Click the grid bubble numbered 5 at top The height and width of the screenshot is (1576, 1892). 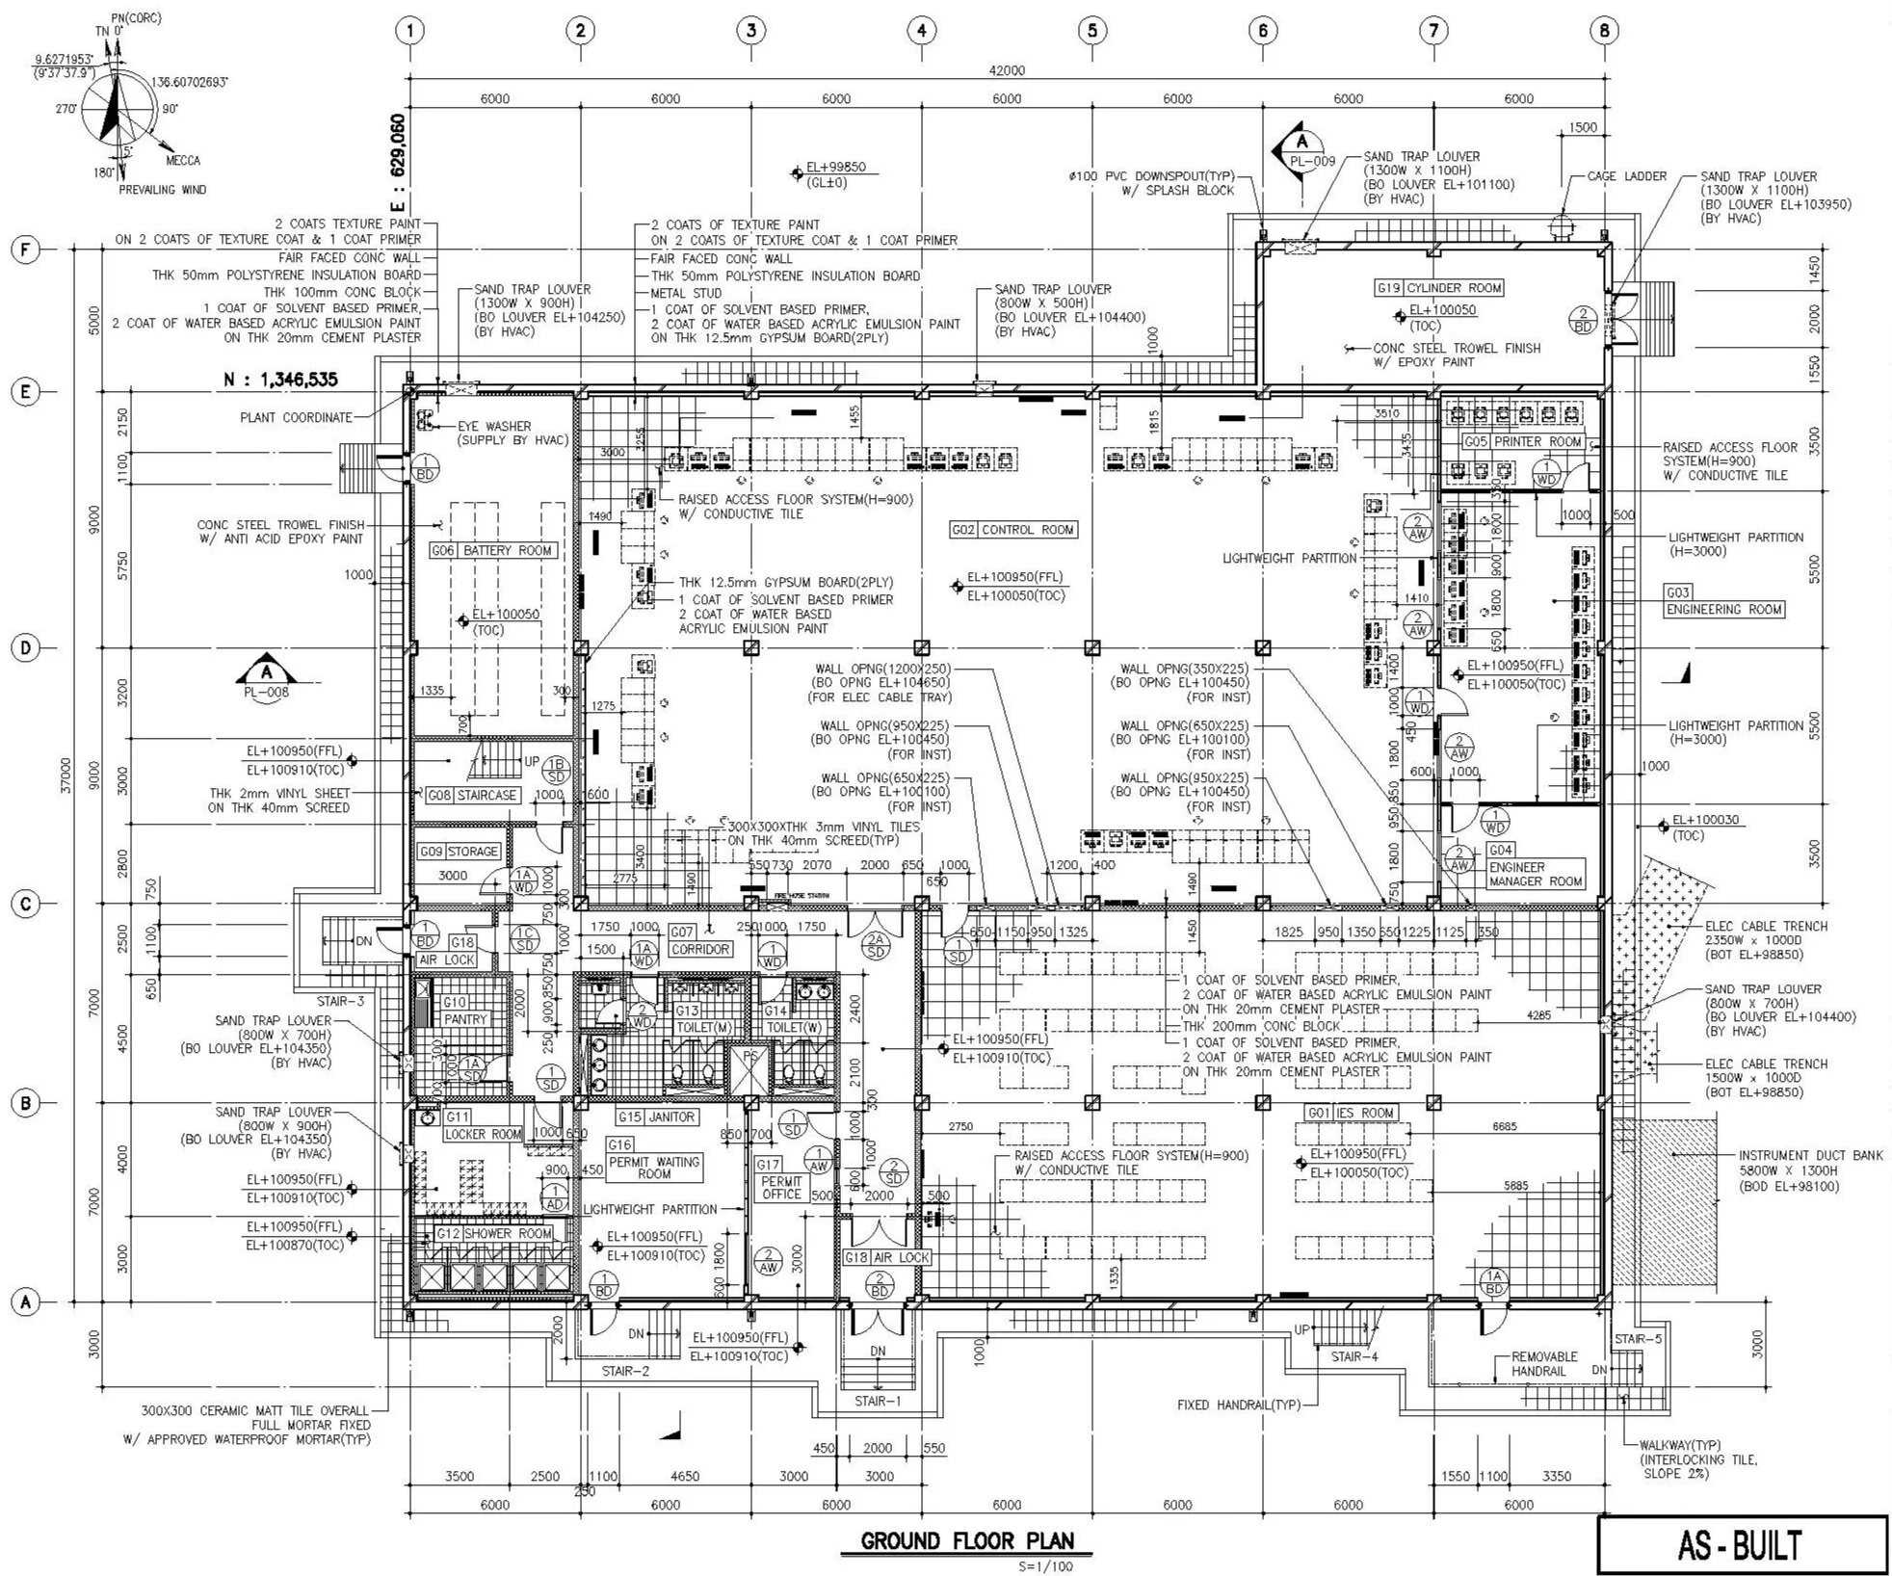point(1091,31)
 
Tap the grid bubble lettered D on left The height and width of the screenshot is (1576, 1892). point(24,647)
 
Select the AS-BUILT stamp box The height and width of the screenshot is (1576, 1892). point(1742,1544)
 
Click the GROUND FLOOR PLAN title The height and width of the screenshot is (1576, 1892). point(966,1540)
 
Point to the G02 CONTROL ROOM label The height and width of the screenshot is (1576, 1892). point(1012,530)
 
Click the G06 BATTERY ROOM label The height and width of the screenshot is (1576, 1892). point(492,551)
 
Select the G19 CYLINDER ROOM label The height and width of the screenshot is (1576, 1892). point(1439,288)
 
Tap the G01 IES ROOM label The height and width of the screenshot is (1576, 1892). point(1352,1113)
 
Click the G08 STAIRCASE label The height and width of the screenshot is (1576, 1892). point(472,796)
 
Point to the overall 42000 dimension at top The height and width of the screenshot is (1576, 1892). point(1007,70)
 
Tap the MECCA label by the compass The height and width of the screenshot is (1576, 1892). point(182,161)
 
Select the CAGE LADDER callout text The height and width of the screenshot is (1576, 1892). point(1626,176)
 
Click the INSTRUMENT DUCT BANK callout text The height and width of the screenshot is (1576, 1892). point(1809,1155)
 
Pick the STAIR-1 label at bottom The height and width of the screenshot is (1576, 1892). point(877,1401)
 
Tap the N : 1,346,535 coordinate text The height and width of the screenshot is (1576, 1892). point(280,379)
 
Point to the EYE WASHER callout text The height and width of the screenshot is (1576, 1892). point(493,426)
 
